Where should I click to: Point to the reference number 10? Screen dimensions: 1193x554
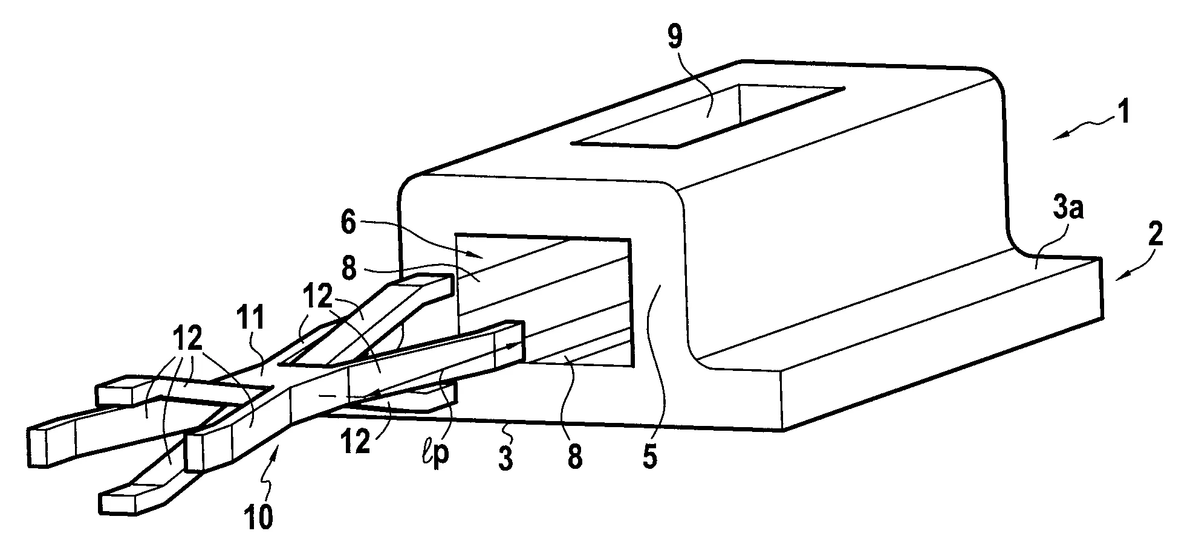259,518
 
